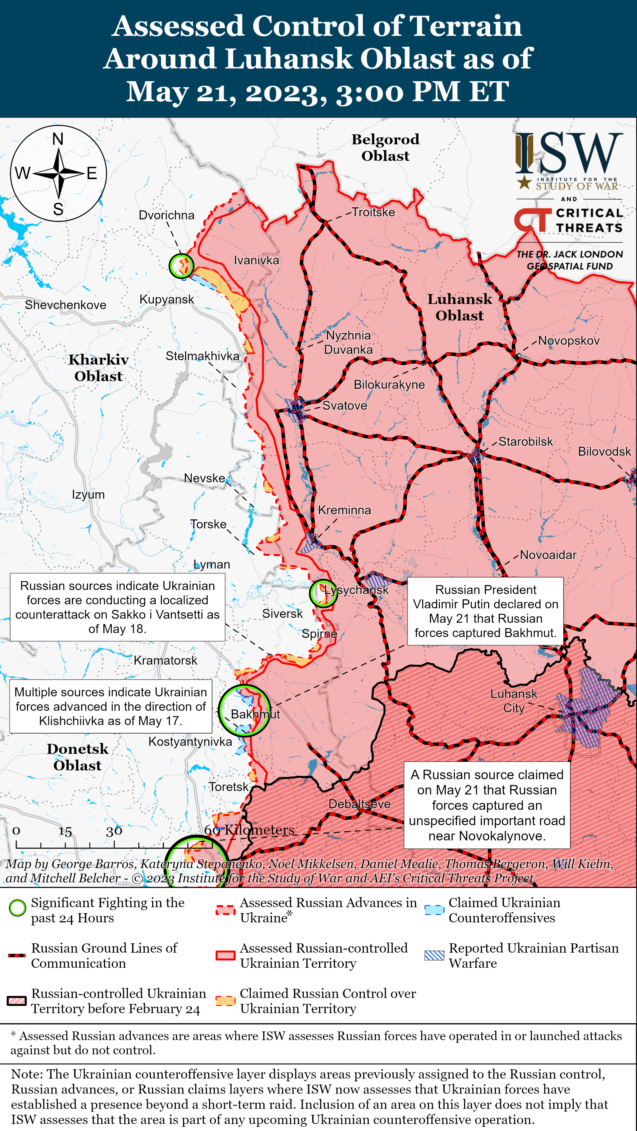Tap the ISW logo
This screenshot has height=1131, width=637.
569,160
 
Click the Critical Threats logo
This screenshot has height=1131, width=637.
569,220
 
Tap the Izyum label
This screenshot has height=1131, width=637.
88,494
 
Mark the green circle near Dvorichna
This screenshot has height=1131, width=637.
181,266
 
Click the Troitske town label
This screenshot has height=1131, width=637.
373,212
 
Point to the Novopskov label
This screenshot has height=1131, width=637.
569,341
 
